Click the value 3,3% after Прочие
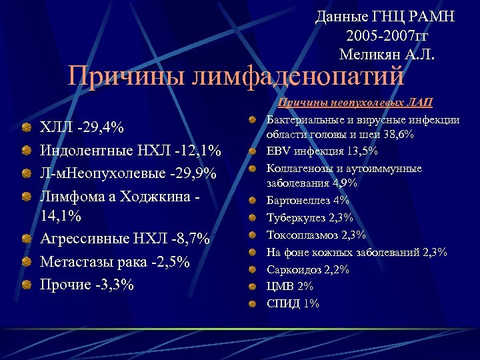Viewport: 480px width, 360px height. (x=115, y=284)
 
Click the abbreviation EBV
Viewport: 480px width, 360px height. (x=279, y=151)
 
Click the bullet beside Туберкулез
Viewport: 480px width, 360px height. (x=254, y=217)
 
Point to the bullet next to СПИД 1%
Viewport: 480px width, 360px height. (x=254, y=304)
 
